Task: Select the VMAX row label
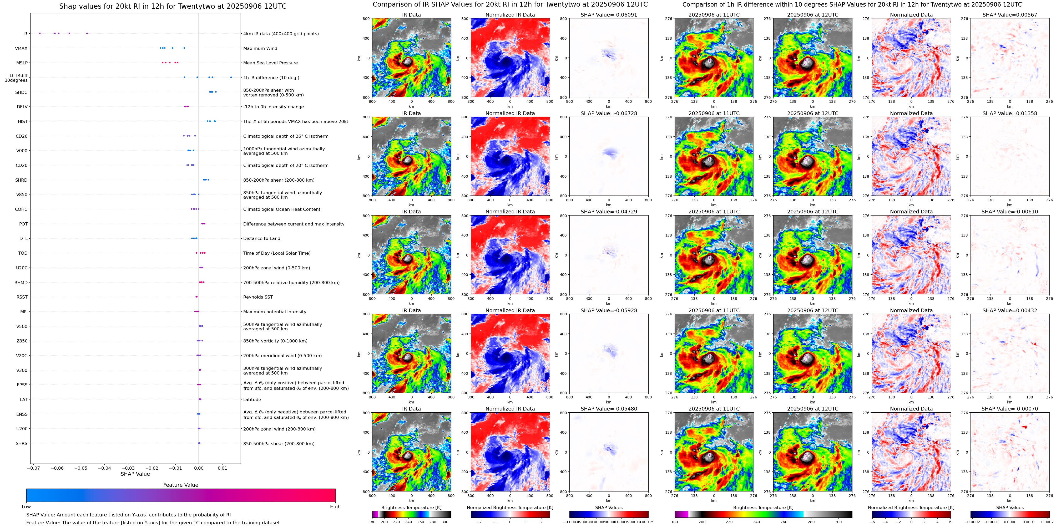coord(21,48)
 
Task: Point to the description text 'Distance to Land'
coord(261,238)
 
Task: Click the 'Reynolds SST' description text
coord(258,297)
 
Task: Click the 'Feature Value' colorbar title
coord(181,485)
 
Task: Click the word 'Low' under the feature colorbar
coord(26,507)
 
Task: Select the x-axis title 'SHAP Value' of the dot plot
coord(135,474)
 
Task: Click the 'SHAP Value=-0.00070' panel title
coord(1010,409)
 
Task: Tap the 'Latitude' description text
coord(252,399)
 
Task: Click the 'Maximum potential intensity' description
coord(275,312)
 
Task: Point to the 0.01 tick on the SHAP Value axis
coord(222,468)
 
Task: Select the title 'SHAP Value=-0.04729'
coord(609,212)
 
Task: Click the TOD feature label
coord(23,253)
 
